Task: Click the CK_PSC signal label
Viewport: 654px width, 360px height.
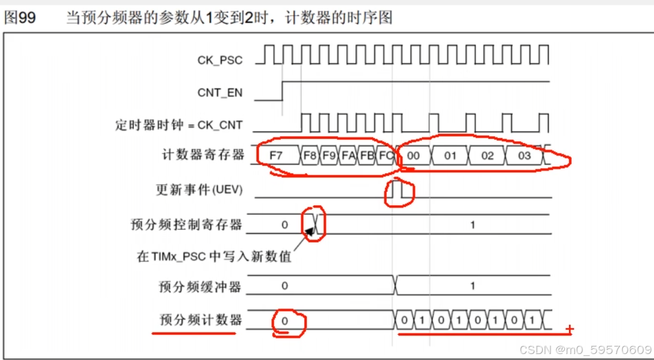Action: [x=220, y=60]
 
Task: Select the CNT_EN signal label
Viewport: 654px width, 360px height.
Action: [x=220, y=93]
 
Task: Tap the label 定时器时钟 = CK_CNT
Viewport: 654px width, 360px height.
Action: [x=179, y=126]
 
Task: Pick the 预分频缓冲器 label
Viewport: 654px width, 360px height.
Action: [x=200, y=286]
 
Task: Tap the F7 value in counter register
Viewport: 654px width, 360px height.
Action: [x=276, y=155]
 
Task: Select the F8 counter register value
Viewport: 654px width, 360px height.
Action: [x=310, y=155]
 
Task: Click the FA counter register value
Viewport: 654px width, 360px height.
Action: [x=348, y=155]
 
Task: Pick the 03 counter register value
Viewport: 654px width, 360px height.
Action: [x=524, y=155]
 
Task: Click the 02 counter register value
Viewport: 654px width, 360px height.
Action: [x=487, y=155]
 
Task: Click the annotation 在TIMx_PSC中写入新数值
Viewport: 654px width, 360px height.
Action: [x=214, y=257]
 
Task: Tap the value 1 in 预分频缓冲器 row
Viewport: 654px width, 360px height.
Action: [x=472, y=286]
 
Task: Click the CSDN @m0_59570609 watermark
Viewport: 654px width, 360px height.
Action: [x=584, y=349]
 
